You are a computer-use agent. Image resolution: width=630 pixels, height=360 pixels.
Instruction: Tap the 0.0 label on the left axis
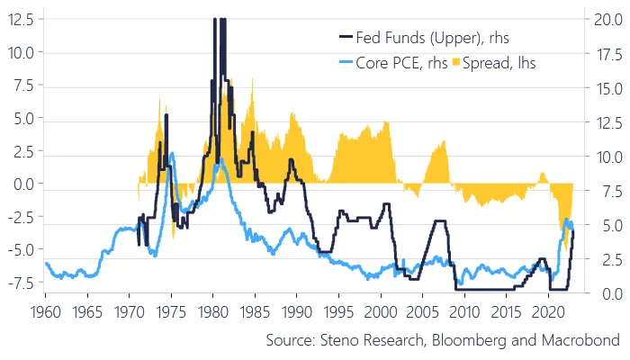pos(21,184)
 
